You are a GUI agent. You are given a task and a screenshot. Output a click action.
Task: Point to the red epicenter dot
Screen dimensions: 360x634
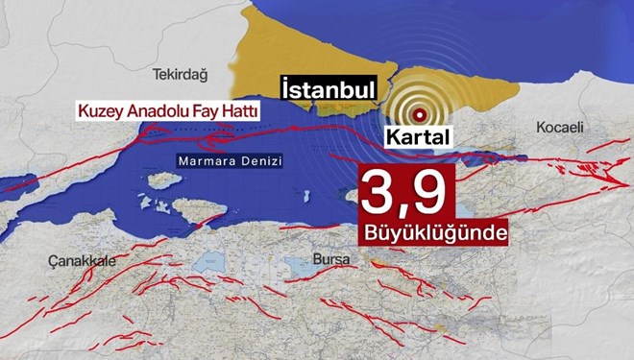pyautogui.click(x=419, y=112)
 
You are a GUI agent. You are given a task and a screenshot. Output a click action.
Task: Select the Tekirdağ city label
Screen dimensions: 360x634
pyautogui.click(x=181, y=73)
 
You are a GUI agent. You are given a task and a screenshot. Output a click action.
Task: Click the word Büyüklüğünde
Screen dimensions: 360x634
pyautogui.click(x=434, y=234)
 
